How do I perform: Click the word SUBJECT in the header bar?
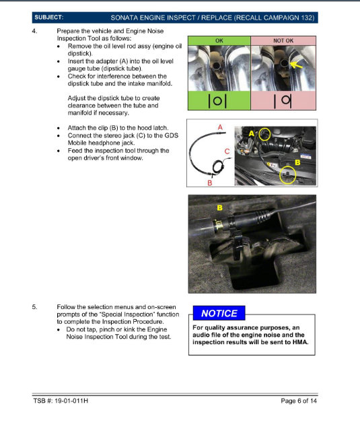[x=49, y=16]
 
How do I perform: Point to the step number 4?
[x=35, y=32]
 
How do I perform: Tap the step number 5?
[x=35, y=306]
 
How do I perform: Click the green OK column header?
[x=219, y=40]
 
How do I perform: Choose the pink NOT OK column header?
[x=283, y=40]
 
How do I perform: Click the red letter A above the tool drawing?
[x=220, y=126]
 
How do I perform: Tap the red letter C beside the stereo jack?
[x=227, y=152]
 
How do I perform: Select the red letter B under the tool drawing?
[x=210, y=183]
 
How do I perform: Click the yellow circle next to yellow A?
[x=263, y=133]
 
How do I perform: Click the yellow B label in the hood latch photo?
[x=219, y=207]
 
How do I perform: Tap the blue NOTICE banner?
[x=219, y=313]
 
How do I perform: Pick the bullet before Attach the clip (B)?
[x=61, y=128]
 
